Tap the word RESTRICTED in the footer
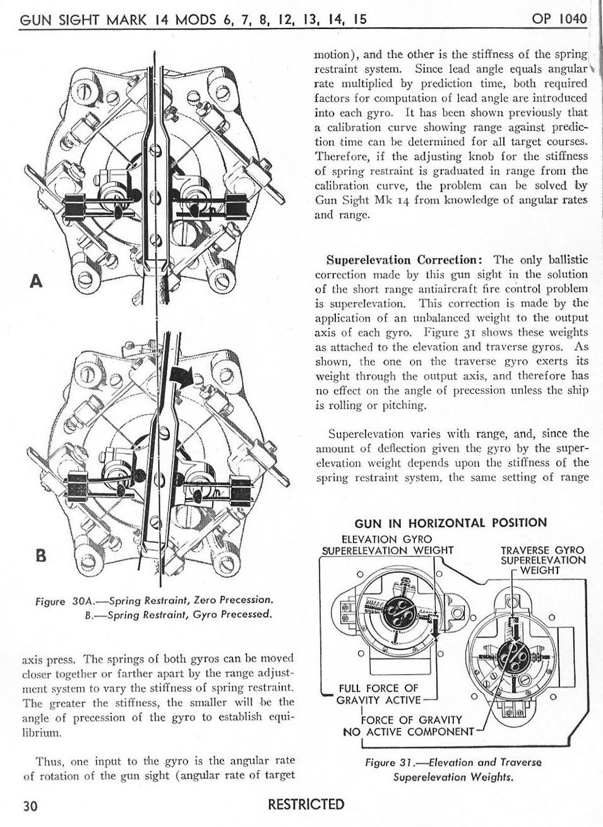(x=306, y=804)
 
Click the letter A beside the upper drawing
(x=37, y=282)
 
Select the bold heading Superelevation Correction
(x=405, y=259)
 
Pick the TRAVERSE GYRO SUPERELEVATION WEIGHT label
(x=542, y=560)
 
